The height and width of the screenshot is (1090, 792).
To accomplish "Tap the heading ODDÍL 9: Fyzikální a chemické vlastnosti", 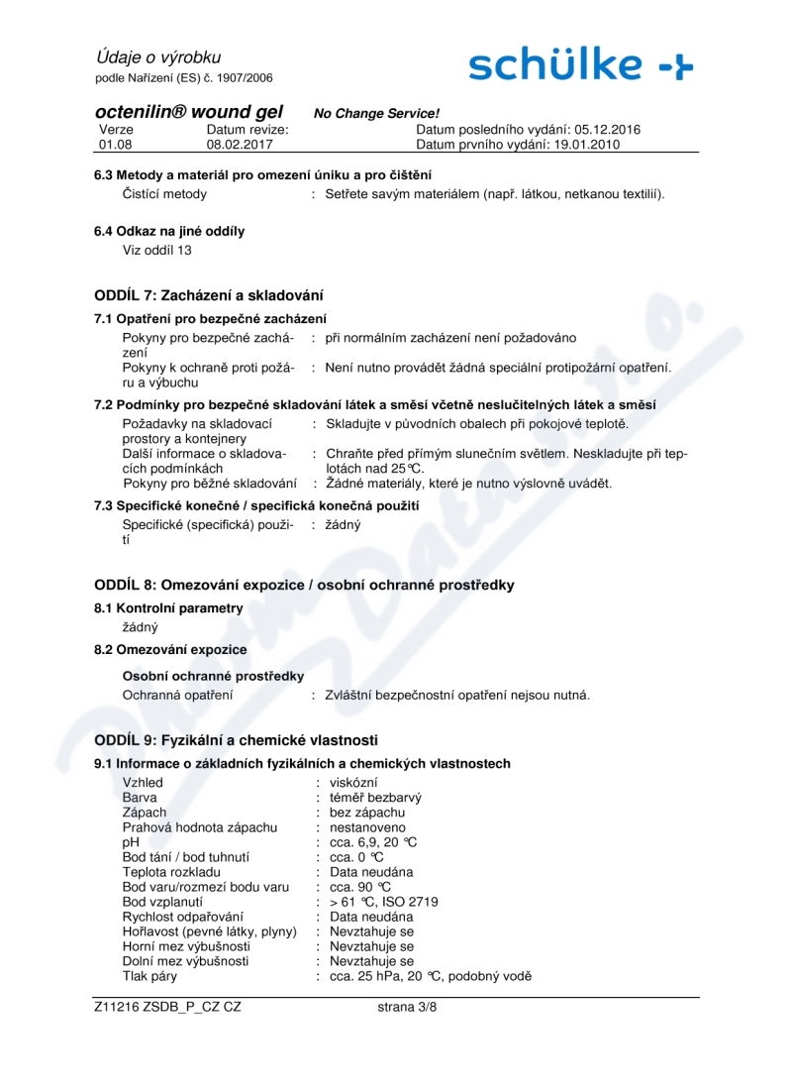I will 236,740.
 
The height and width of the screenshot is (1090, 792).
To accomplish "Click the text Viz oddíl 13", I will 156,250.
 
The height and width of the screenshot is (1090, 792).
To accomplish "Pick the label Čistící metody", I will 164,193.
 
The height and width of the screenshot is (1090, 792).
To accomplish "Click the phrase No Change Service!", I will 376,114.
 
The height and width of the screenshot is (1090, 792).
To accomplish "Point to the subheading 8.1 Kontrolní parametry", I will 167,607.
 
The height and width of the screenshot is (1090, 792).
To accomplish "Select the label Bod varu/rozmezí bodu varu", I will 205,887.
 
